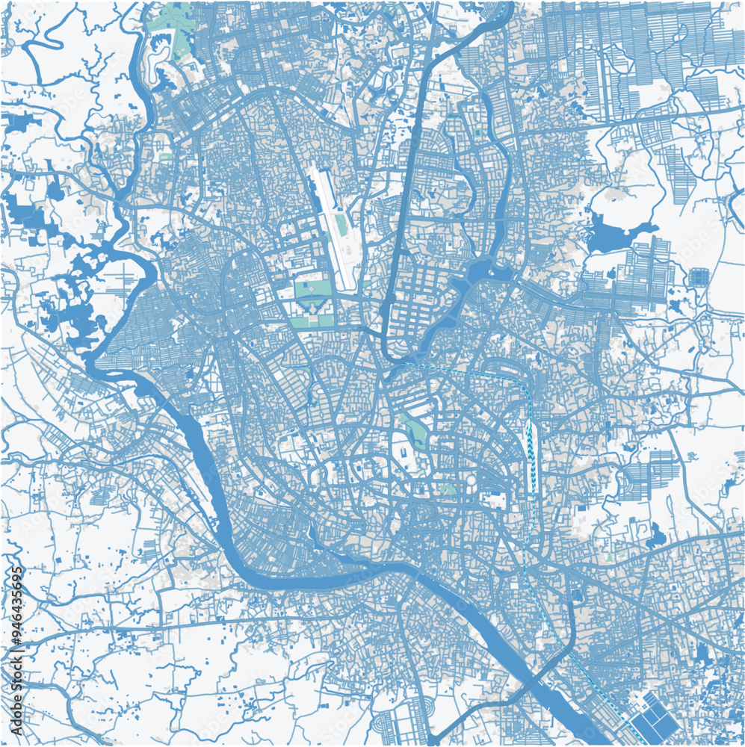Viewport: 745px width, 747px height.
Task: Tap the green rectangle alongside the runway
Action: point(341,224)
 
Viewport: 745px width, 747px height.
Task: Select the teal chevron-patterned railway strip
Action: point(530,441)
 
